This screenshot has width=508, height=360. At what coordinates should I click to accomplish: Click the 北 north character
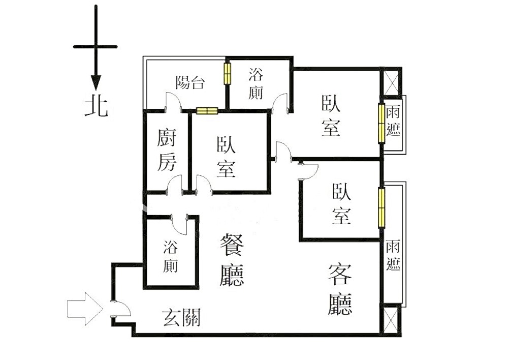(96, 107)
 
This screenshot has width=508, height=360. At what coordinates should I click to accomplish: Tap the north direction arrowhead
(96, 82)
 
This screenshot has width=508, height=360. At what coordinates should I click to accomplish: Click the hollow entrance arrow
(85, 309)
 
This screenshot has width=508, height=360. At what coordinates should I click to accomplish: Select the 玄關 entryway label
(182, 317)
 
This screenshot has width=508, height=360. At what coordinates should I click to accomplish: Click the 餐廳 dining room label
(232, 260)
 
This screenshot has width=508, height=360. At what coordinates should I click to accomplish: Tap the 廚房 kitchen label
(167, 150)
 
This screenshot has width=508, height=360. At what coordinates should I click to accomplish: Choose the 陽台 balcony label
(190, 83)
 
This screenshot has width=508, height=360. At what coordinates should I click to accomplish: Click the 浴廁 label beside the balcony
(256, 83)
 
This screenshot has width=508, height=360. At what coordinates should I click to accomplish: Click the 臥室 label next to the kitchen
(226, 157)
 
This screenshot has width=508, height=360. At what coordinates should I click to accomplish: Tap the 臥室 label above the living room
(341, 204)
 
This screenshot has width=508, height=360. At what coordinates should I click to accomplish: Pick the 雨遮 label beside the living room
(393, 255)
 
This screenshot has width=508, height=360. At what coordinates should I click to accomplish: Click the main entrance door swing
(121, 309)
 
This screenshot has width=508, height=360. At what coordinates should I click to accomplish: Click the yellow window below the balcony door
(207, 111)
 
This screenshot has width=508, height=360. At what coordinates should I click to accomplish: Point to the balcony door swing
(174, 102)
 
